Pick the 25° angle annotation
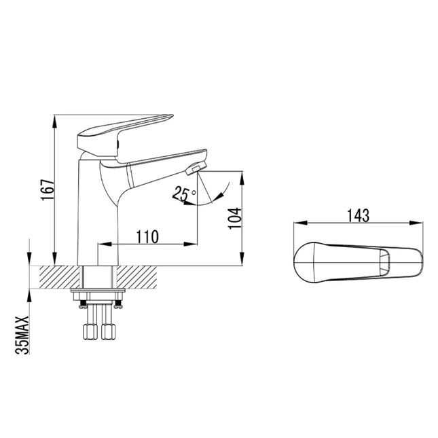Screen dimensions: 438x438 coord(181,194)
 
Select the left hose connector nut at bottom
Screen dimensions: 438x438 coord(89,332)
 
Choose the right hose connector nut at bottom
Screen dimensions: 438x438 coord(108,332)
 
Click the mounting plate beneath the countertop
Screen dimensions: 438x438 coord(98,294)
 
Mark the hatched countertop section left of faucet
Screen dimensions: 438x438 coord(60,276)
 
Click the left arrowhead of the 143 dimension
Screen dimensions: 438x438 coord(296,222)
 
